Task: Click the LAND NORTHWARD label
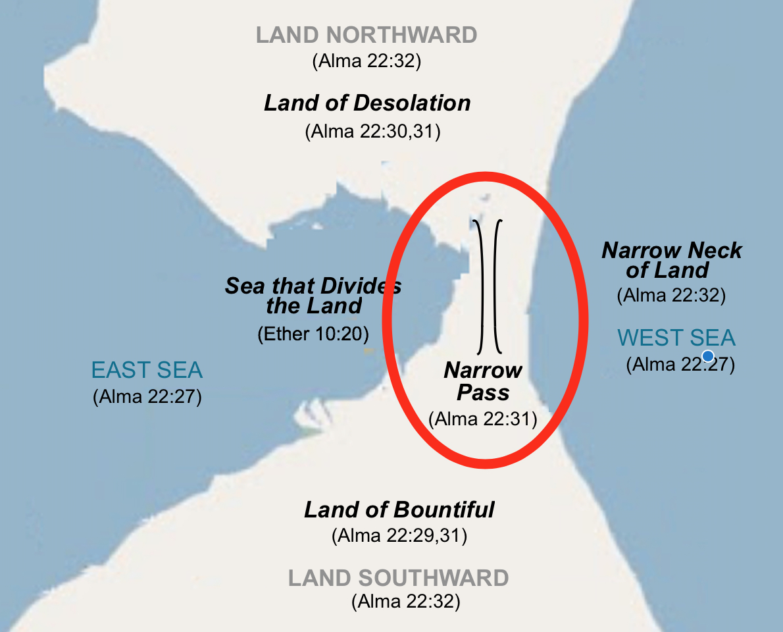tap(366, 35)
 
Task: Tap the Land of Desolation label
tap(367, 103)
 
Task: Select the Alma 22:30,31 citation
tap(372, 132)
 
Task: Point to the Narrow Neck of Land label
tap(672, 260)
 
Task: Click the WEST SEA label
tap(676, 338)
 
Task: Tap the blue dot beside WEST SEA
tap(708, 356)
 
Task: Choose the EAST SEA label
tap(147, 370)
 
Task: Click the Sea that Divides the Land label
tap(313, 296)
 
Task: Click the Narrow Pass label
tap(483, 381)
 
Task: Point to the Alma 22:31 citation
tap(483, 419)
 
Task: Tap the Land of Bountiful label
tap(399, 510)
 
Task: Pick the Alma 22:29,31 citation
tap(399, 536)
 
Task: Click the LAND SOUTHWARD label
tap(398, 579)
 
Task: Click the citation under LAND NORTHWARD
tap(366, 62)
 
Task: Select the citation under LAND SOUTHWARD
tap(405, 601)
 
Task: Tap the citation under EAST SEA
tap(147, 397)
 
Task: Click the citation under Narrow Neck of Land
tap(671, 295)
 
